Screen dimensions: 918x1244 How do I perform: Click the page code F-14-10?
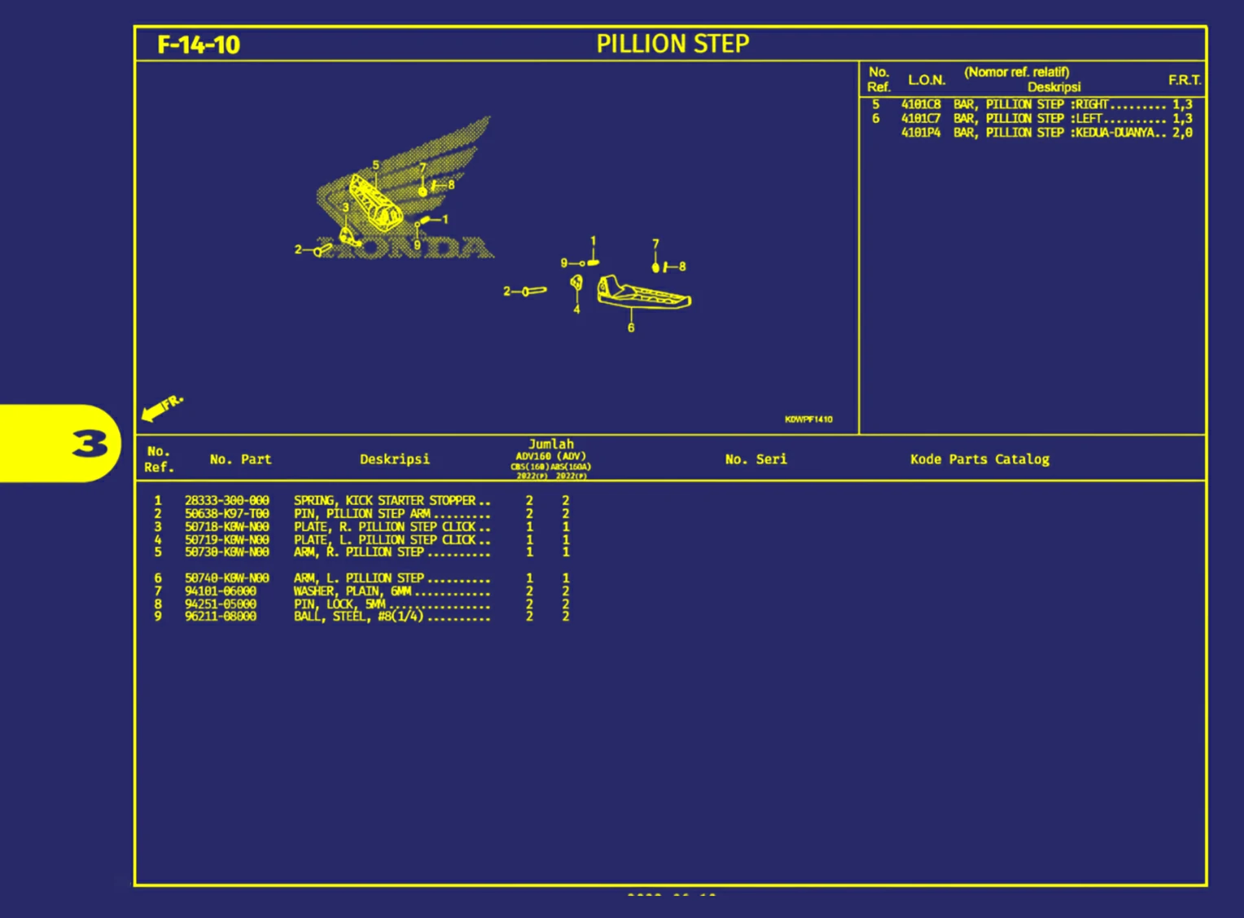point(199,45)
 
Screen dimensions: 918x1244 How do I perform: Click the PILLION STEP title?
point(672,44)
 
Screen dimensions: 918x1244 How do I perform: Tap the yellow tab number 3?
point(90,444)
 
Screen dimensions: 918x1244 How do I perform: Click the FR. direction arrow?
point(161,407)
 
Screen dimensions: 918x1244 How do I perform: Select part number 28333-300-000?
point(226,501)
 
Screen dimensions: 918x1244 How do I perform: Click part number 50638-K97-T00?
point(226,514)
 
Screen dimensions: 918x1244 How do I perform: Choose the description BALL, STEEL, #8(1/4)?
point(359,617)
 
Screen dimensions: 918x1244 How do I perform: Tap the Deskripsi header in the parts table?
point(395,459)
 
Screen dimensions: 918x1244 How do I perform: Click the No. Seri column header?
point(756,459)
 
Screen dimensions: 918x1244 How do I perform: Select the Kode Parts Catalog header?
point(979,459)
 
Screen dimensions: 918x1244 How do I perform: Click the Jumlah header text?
point(551,444)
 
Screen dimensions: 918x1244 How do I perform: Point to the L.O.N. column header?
point(926,80)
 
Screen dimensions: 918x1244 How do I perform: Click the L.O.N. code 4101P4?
point(921,133)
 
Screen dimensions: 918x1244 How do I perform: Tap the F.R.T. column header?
point(1185,80)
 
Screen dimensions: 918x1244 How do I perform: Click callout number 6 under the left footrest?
point(631,327)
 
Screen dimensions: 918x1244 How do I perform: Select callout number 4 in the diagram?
point(576,310)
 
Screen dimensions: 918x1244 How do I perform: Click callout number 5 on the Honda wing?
point(375,165)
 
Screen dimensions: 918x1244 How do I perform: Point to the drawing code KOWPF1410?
point(808,419)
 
